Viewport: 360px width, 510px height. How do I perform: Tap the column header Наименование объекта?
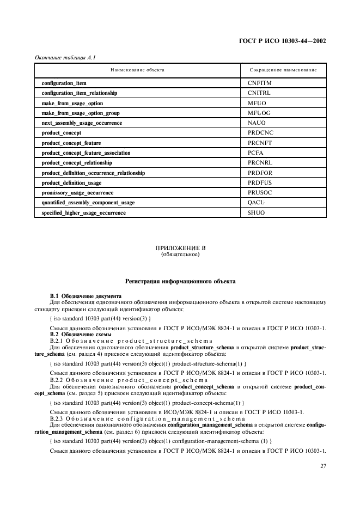(x=137, y=70)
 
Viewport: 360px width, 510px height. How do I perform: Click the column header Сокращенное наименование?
(x=283, y=70)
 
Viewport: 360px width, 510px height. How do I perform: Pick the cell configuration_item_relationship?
(x=80, y=93)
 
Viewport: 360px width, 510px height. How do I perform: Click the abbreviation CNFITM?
(x=259, y=83)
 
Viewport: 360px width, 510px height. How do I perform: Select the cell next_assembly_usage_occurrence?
(x=82, y=123)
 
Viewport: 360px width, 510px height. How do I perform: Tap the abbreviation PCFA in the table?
(x=255, y=153)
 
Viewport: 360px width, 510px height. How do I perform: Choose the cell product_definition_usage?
(x=72, y=183)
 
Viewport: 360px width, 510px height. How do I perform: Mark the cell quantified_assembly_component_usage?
(x=88, y=203)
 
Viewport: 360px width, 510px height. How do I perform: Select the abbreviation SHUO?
(x=256, y=212)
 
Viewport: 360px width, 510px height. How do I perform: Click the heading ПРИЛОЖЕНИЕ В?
(x=180, y=248)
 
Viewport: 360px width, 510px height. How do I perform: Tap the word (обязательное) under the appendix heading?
(x=180, y=254)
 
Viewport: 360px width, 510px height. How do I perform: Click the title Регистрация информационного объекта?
(x=180, y=282)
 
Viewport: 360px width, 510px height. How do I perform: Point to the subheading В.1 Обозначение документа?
(x=82, y=295)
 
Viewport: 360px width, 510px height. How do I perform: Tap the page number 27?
(x=322, y=466)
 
